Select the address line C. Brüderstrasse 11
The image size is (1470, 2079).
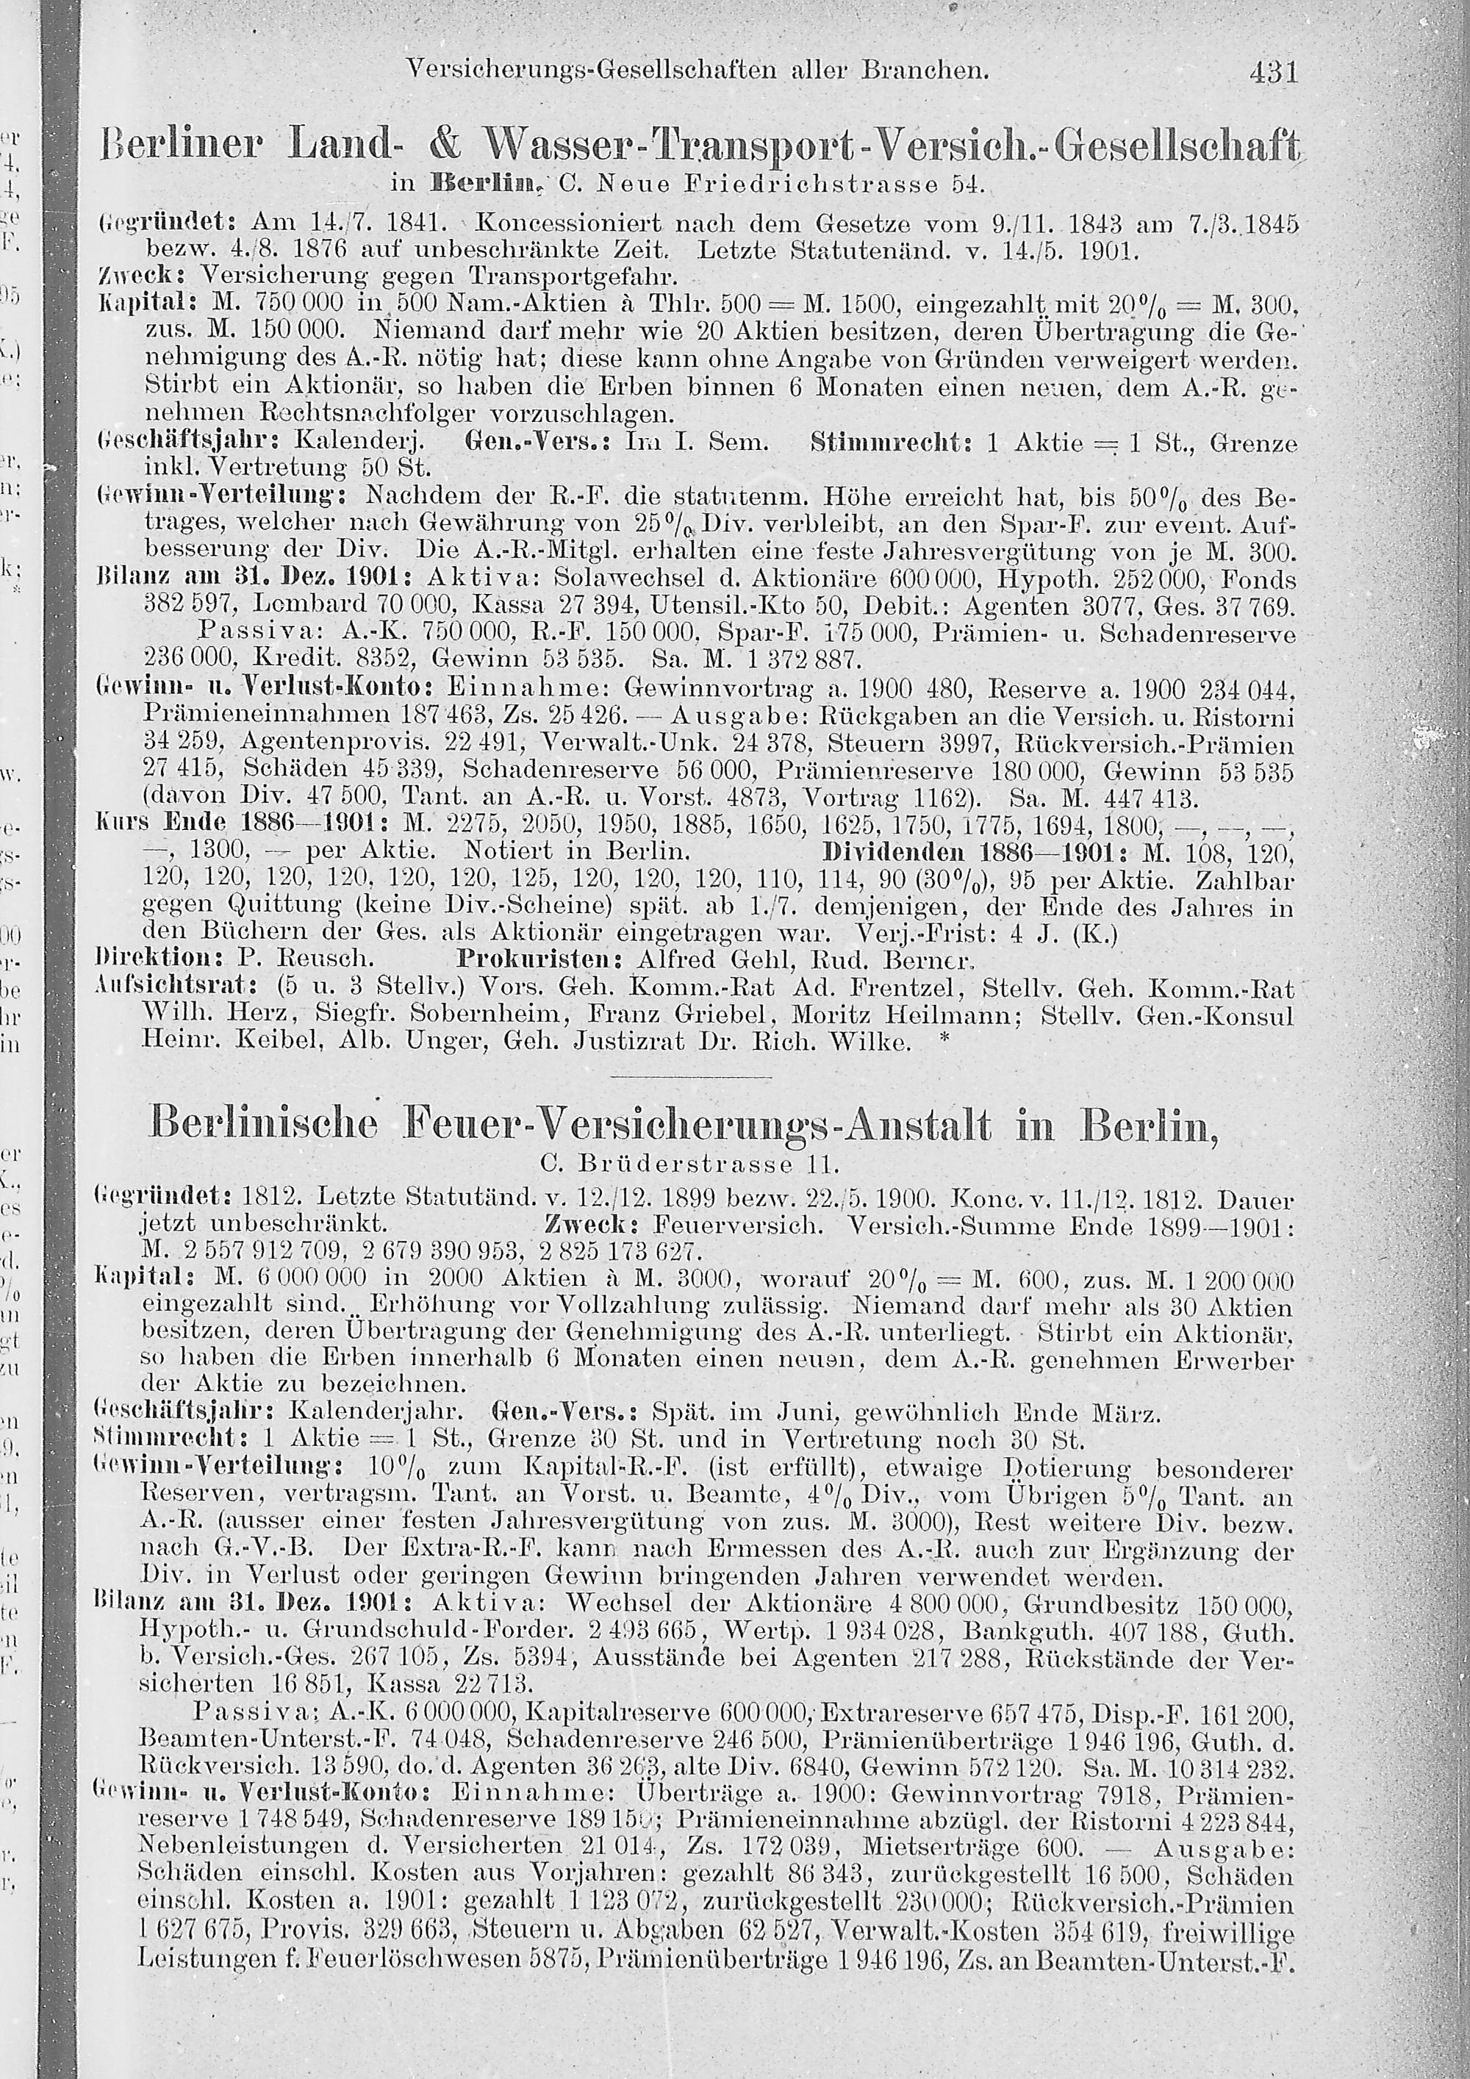[689, 1161]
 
